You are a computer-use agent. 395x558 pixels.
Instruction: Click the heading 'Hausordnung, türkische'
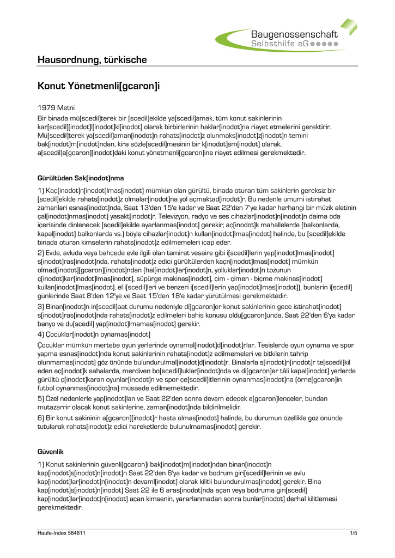[x=92, y=59]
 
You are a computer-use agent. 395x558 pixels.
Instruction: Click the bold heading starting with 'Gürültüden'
[x=81, y=178]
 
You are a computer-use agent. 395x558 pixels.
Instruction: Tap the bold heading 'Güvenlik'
[x=51, y=452]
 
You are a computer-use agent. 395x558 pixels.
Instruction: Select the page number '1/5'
[x=353, y=533]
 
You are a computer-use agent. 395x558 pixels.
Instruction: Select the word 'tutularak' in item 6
[x=52, y=427]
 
